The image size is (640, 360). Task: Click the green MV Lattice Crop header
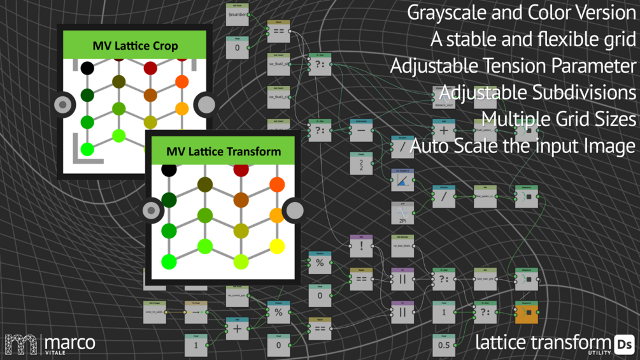pos(134,46)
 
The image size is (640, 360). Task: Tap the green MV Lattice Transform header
pos(223,151)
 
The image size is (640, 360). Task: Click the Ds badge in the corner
pos(624,344)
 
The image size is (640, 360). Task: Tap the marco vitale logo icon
pos(21,344)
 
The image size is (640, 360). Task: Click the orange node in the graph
pos(527,312)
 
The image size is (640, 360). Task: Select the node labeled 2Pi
pos(402,213)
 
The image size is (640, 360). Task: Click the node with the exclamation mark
pos(361,246)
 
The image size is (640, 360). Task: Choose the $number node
pos(237,14)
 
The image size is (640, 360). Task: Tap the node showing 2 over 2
pos(361,164)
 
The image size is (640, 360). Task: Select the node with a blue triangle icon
pos(402,181)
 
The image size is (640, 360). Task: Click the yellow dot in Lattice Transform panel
pos(277,246)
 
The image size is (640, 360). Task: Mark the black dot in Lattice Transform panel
pos(169,169)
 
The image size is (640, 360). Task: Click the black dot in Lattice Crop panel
pos(87,68)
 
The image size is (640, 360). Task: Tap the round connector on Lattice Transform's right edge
pos(294,210)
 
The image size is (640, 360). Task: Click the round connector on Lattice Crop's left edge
pos(64,104)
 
